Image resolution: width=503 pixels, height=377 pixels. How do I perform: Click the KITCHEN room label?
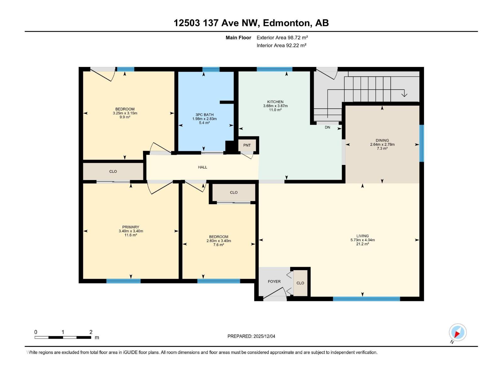(275, 102)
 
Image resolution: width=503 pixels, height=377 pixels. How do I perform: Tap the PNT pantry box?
(247, 145)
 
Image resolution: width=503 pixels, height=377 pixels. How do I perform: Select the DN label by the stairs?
(327, 127)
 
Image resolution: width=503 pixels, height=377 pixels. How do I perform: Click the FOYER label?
(274, 281)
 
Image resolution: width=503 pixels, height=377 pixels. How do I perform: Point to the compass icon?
(457, 332)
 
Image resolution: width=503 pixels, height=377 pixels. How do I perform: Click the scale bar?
(63, 337)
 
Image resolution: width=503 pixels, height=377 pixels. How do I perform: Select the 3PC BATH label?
(204, 115)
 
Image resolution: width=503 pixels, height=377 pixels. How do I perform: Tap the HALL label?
(202, 167)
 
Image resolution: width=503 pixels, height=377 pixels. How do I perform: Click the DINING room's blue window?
(422, 143)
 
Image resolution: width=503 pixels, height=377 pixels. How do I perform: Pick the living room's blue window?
(366, 299)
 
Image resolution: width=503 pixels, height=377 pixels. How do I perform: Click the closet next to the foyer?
(300, 283)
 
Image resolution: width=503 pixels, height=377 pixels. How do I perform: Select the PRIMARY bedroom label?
(131, 227)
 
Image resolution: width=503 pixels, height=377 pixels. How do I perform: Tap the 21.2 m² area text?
(362, 244)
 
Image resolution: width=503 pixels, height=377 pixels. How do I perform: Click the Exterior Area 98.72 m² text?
(282, 37)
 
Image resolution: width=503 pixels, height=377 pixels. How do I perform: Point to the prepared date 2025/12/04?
(264, 336)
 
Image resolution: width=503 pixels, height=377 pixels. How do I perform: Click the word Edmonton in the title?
(286, 23)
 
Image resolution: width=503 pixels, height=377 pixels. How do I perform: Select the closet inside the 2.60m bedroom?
(234, 192)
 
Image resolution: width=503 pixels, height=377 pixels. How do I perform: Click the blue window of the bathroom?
(211, 69)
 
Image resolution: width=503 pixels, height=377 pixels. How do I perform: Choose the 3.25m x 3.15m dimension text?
(125, 113)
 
